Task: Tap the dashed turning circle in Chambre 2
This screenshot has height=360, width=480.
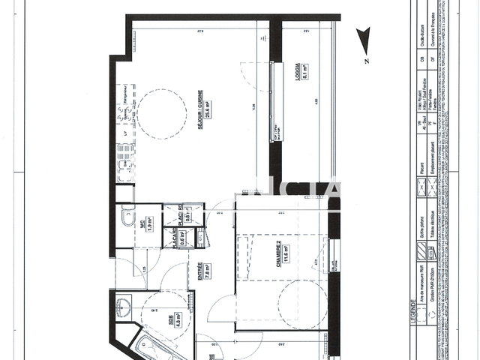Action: pos(301,304)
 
